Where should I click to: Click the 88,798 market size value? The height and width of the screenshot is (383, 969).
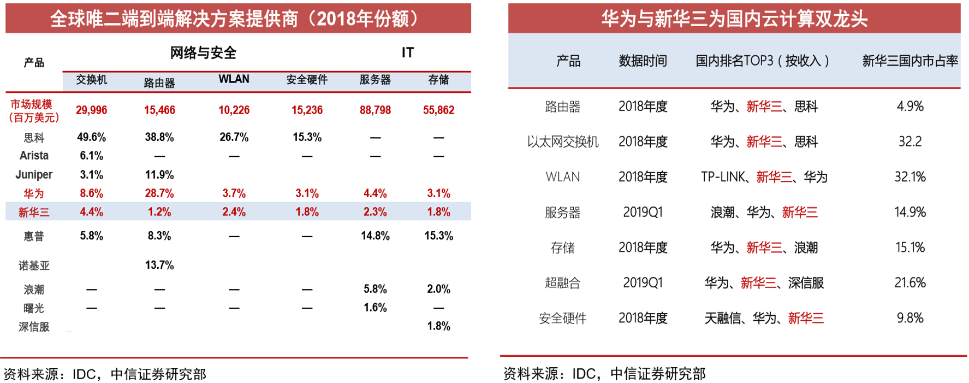375,110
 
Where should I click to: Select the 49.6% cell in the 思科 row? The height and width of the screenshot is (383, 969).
91,137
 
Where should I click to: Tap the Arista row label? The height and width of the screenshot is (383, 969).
34,156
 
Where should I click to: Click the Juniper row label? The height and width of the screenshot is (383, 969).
34,175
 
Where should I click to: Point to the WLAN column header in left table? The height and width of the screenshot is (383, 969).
234,80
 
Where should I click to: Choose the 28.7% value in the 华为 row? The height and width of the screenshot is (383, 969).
159,193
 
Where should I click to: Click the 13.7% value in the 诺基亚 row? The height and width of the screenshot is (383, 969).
159,266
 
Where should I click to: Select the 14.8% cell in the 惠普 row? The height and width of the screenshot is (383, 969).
375,236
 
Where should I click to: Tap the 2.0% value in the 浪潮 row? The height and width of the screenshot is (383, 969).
438,289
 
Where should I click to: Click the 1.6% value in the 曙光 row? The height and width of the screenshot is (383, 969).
375,308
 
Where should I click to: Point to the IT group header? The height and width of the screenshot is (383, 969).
407,52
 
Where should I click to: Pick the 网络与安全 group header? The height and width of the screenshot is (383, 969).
203,53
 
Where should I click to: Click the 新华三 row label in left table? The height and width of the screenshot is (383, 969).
34,212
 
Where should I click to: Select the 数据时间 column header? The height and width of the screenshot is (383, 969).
643,61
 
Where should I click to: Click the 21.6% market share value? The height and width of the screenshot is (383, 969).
909,283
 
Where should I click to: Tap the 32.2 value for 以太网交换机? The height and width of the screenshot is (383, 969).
909,142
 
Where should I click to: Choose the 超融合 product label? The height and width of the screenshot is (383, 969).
562,283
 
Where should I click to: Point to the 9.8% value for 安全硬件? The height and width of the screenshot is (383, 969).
909,318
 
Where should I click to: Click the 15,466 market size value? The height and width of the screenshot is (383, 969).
159,110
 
